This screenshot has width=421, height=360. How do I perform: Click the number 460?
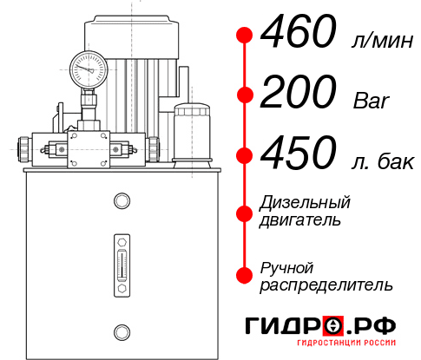(x=299, y=35)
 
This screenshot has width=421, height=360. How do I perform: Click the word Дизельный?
(x=305, y=203)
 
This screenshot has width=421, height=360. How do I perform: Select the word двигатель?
(x=299, y=220)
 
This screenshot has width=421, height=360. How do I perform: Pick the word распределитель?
(x=326, y=285)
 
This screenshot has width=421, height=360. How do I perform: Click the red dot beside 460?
(x=245, y=35)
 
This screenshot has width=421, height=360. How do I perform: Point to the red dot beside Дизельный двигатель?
(x=245, y=212)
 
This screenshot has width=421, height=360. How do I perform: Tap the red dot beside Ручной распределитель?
(x=245, y=275)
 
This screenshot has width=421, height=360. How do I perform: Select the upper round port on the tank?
(x=121, y=202)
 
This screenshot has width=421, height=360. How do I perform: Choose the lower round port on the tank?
(x=121, y=330)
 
